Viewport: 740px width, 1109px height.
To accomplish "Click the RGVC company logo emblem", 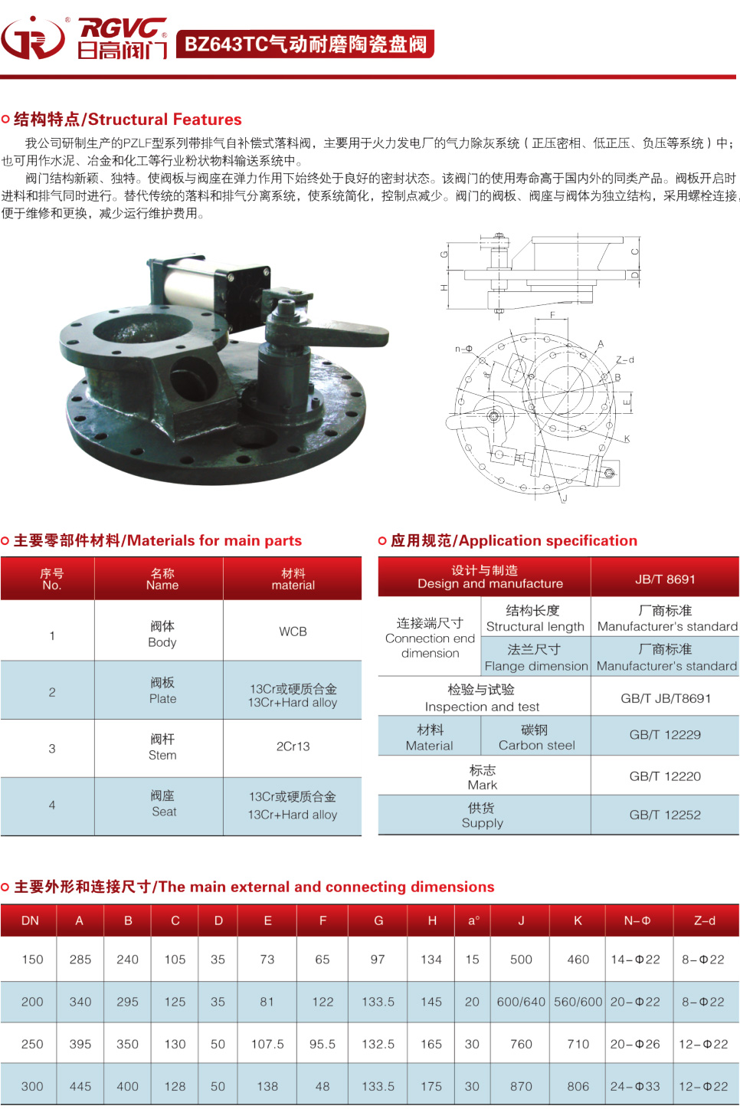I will click(x=33, y=38).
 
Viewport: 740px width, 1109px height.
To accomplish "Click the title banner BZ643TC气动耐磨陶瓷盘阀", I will click(x=305, y=44).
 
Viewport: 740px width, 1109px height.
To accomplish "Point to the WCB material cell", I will click(x=293, y=632).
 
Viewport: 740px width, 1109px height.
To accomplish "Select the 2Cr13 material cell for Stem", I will click(x=293, y=746).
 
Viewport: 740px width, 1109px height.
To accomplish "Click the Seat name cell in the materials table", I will click(x=163, y=804).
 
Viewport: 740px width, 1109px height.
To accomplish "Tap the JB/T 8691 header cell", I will click(x=665, y=579).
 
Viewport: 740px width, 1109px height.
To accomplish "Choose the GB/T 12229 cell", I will click(x=665, y=735).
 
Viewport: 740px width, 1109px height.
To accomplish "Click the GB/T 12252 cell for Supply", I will click(x=665, y=815).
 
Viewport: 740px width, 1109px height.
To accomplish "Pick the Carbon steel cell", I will click(x=536, y=737).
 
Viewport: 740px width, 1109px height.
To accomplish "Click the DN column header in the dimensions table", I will click(x=30, y=920).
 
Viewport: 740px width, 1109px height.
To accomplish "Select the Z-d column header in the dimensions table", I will click(x=704, y=920).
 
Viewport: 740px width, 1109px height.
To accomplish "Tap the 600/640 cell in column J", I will click(x=521, y=1002).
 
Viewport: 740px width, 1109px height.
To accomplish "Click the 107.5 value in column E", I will click(x=267, y=1044).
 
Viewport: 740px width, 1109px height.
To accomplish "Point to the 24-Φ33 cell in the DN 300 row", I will click(x=635, y=1086).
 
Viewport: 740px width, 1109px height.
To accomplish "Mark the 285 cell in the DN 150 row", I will click(x=80, y=960).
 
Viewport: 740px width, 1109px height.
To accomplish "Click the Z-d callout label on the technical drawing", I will click(x=625, y=359).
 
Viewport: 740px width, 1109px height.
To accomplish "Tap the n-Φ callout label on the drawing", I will click(x=463, y=349).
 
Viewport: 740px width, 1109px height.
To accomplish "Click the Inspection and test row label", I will click(x=482, y=698).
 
